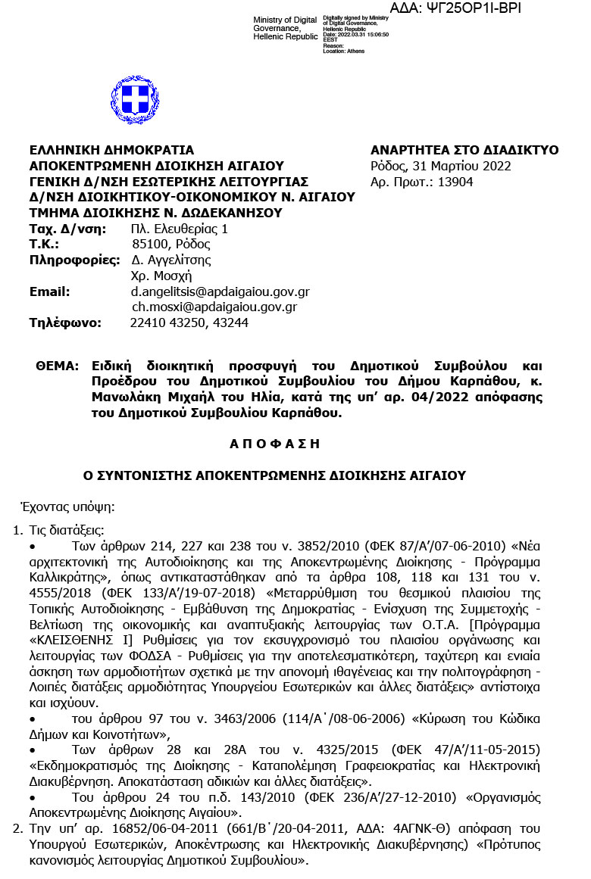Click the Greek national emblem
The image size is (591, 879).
coord(135,100)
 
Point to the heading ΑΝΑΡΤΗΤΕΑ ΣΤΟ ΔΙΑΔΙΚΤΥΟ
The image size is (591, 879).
coord(464,150)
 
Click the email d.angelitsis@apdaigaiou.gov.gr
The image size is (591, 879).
coord(220,291)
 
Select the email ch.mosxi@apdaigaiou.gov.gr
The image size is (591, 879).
coord(214,307)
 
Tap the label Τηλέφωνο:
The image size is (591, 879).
coord(65,323)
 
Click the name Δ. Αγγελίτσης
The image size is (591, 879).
coord(170,260)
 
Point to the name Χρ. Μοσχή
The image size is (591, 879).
coord(161,276)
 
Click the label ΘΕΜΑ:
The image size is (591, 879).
coord(57,366)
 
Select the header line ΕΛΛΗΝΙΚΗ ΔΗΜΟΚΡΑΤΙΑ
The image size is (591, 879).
coord(111,150)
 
